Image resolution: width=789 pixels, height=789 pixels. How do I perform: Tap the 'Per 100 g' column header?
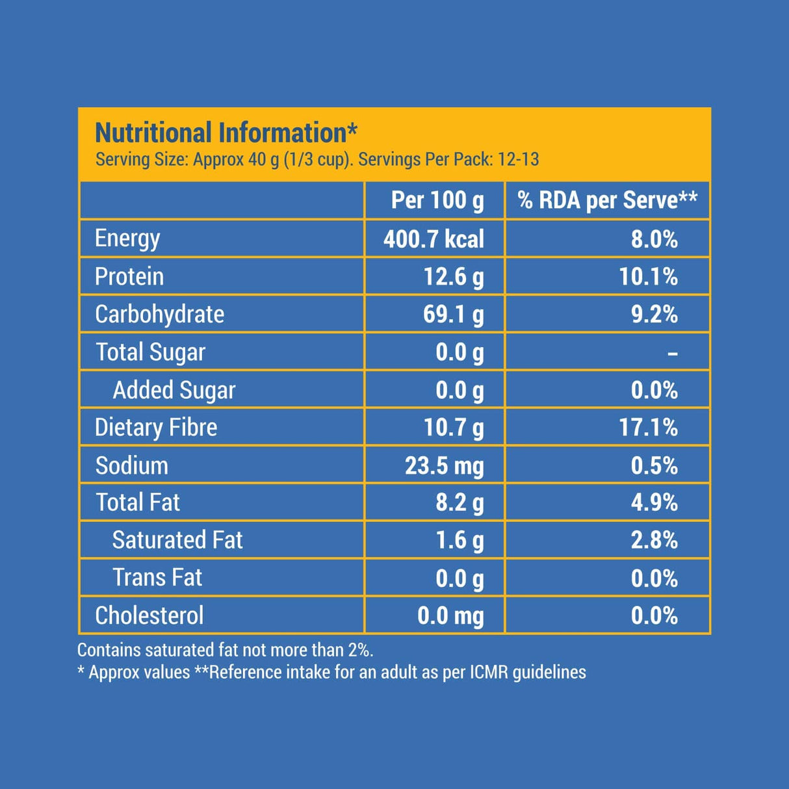click(x=437, y=200)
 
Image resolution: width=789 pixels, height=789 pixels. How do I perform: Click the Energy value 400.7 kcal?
click(x=433, y=239)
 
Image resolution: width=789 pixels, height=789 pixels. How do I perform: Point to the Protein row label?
click(x=129, y=277)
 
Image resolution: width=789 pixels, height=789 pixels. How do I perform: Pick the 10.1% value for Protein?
click(x=648, y=277)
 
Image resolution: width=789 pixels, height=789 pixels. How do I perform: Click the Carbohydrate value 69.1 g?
click(x=453, y=315)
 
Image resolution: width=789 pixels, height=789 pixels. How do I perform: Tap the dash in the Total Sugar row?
click(x=673, y=354)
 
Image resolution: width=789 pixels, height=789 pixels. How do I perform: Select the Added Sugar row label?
click(x=174, y=390)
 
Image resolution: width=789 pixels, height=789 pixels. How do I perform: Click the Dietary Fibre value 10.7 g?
click(x=453, y=428)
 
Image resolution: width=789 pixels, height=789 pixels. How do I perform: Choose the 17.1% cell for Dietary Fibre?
click(x=648, y=428)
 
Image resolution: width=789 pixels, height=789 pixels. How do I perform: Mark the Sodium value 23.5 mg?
click(x=444, y=466)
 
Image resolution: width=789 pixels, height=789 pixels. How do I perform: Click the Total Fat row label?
click(x=138, y=502)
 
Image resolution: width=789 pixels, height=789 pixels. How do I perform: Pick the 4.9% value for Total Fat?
click(x=654, y=502)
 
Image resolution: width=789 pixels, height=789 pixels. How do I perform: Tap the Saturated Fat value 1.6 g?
click(x=459, y=540)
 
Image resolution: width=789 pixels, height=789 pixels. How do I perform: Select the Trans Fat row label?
click(x=157, y=578)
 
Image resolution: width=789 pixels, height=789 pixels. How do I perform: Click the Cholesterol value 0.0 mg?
click(x=450, y=615)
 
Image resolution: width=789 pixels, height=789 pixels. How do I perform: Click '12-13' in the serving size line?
click(x=518, y=159)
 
